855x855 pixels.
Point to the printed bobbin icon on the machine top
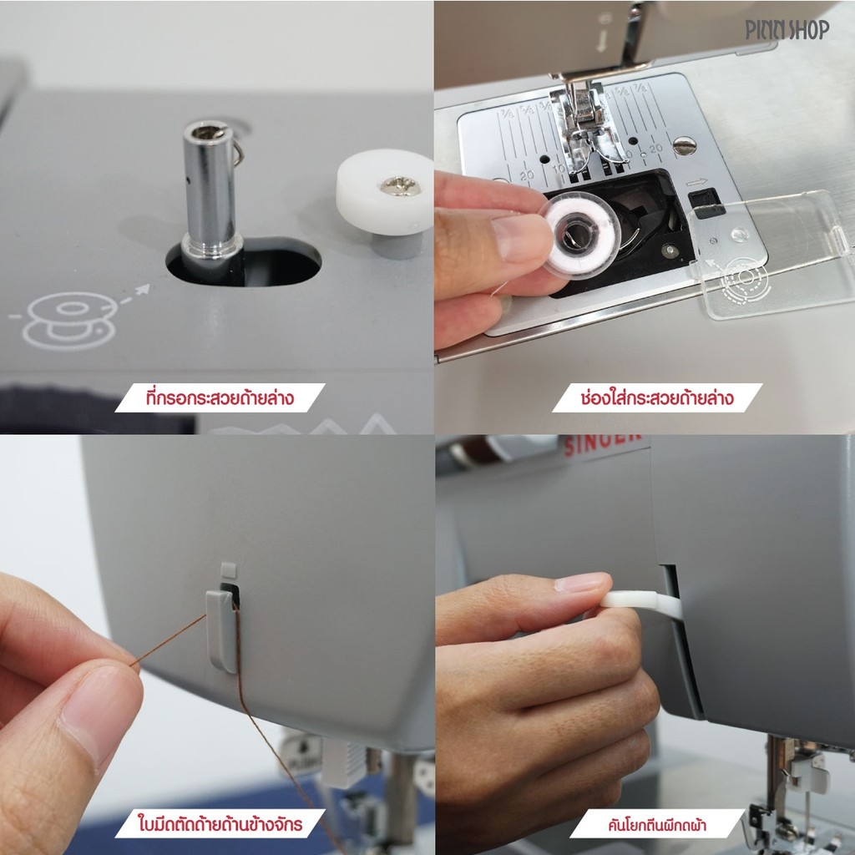[70, 320]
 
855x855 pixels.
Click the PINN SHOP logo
[787, 29]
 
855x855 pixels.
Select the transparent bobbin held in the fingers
[580, 235]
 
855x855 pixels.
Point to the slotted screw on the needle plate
[685, 145]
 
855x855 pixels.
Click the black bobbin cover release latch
[706, 203]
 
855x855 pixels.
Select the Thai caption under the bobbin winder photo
[220, 397]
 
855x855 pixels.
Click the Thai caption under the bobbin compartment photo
[657, 397]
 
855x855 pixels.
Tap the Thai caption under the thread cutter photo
[220, 822]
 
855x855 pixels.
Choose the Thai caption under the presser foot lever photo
[657, 823]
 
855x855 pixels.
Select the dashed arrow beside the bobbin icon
[134, 295]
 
